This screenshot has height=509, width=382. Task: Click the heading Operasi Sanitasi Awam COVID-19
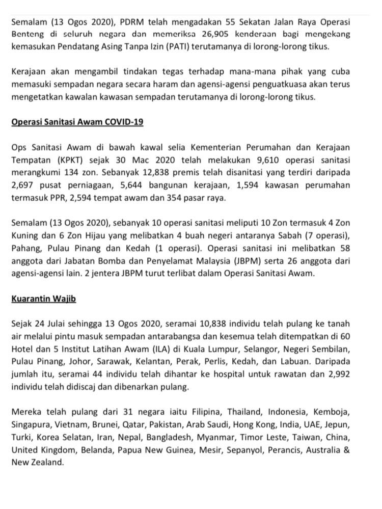77,122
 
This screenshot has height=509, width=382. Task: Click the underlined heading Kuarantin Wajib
43,298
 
